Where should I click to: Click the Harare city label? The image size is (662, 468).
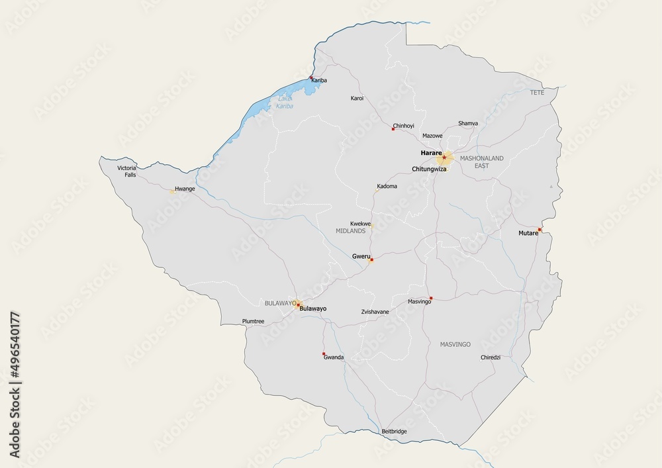430,153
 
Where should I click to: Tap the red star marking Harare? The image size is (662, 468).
444,158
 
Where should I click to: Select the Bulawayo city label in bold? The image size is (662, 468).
313,308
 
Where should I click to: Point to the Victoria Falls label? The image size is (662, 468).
126,171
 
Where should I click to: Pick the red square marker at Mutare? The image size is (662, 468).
540,230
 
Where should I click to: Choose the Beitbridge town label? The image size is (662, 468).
395,432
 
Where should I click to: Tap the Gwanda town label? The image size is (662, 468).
334,357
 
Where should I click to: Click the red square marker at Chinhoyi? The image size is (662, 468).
393,129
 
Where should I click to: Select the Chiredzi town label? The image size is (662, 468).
491,357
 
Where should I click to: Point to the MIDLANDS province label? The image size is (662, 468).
351,232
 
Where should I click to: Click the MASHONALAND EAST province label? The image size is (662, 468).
482,162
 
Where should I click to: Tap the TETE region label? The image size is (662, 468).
537,93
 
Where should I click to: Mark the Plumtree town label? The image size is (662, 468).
254,322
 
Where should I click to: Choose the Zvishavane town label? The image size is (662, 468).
375,311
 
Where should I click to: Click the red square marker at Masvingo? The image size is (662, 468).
431,298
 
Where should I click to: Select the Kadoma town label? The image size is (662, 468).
387,186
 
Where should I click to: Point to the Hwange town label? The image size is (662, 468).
185,189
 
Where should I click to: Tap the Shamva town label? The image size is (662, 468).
468,123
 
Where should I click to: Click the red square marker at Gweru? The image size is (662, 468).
371,259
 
